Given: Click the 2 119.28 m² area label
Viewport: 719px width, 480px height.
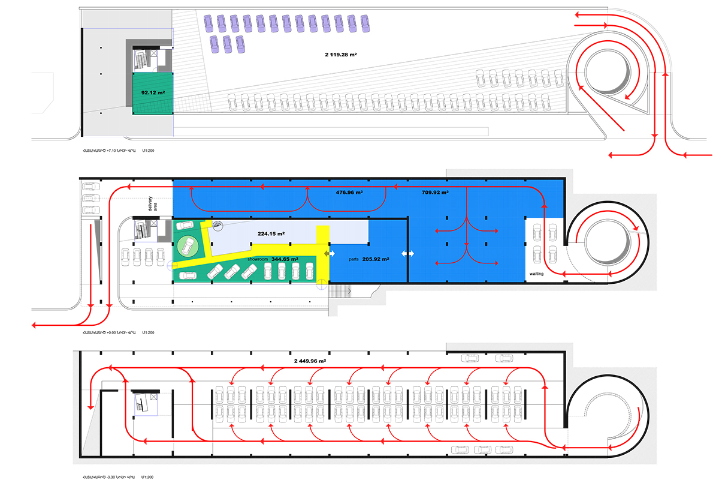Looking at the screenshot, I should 341,55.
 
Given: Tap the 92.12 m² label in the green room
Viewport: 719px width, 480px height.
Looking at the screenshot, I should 153,93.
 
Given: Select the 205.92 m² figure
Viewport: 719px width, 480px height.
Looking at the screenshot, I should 377,260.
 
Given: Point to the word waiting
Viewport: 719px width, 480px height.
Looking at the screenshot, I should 536,274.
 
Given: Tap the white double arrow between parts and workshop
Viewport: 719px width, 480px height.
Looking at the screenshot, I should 407,254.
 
